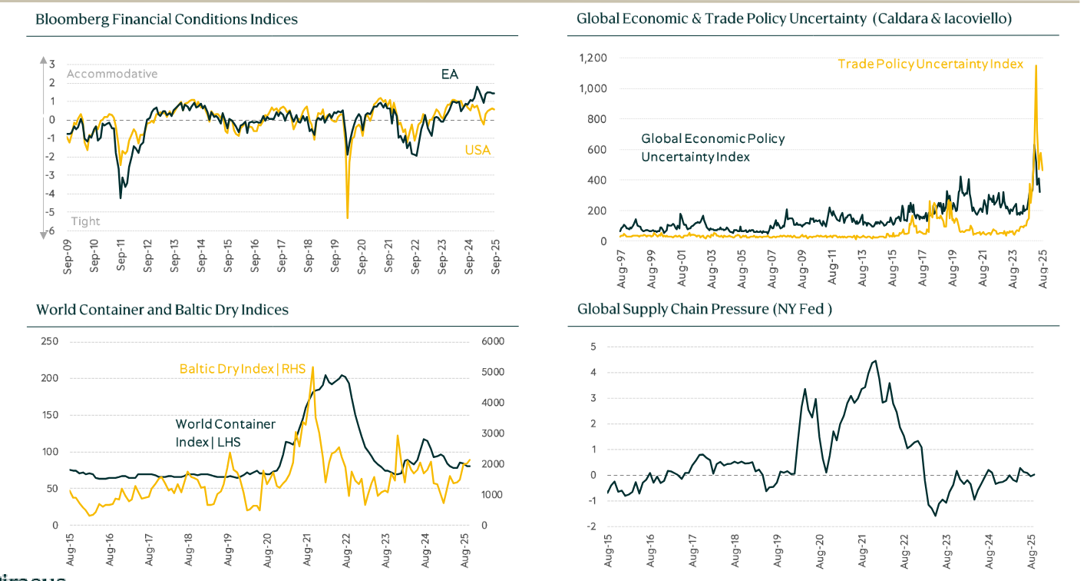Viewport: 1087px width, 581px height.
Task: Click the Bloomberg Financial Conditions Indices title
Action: (x=167, y=19)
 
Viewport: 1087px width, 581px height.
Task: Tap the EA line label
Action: (x=449, y=75)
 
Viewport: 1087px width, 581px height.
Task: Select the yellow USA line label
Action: (x=477, y=150)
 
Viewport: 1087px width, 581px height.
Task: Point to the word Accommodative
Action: (x=112, y=74)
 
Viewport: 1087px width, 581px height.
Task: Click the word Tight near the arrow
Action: (x=85, y=221)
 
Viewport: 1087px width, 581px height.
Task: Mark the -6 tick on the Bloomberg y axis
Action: (x=51, y=231)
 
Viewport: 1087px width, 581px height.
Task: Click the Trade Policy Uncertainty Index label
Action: (x=930, y=64)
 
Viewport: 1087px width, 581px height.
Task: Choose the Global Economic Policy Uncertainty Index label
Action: (x=712, y=148)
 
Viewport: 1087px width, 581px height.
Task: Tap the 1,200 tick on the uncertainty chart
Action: (x=592, y=58)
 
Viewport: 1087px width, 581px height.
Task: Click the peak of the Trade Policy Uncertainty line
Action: (x=1036, y=66)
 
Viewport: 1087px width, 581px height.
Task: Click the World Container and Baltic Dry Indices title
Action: (x=162, y=310)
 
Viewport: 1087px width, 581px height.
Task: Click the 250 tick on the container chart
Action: (x=49, y=341)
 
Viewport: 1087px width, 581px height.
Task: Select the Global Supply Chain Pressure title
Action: (x=705, y=310)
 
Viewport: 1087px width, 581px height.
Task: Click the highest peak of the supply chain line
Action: (x=875, y=361)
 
